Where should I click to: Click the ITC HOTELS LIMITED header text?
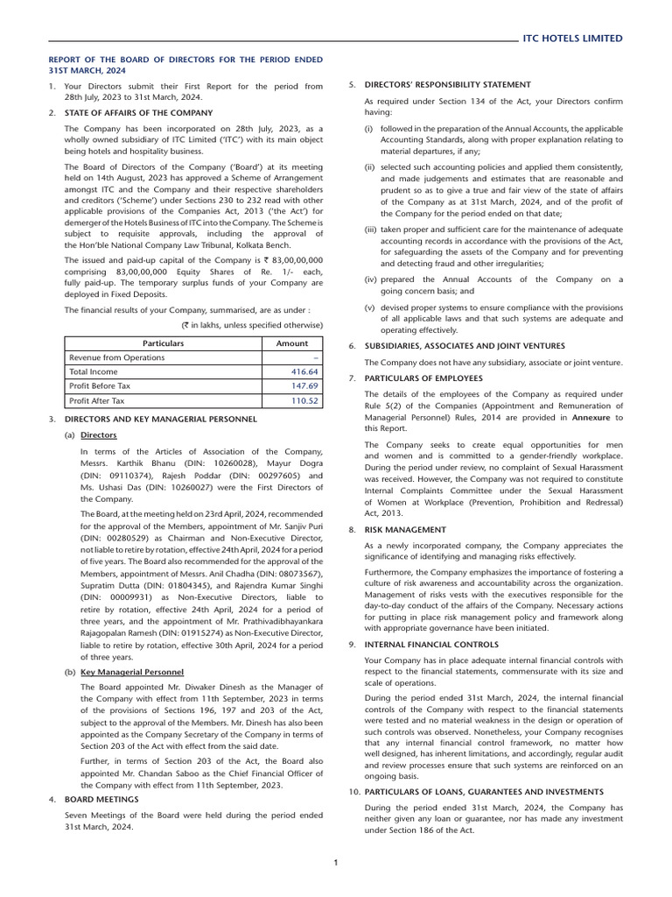click(572, 39)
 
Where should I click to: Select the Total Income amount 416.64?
click(304, 371)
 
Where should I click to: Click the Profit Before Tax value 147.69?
click(304, 385)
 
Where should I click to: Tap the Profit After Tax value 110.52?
click(304, 400)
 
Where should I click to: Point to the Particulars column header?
click(164, 343)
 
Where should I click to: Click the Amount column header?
click(292, 343)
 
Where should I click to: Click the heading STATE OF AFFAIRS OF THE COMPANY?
click(138, 113)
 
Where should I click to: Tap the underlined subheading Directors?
click(98, 435)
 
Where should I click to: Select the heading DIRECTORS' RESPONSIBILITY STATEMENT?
click(447, 84)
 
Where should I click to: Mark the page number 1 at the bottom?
click(336, 863)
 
